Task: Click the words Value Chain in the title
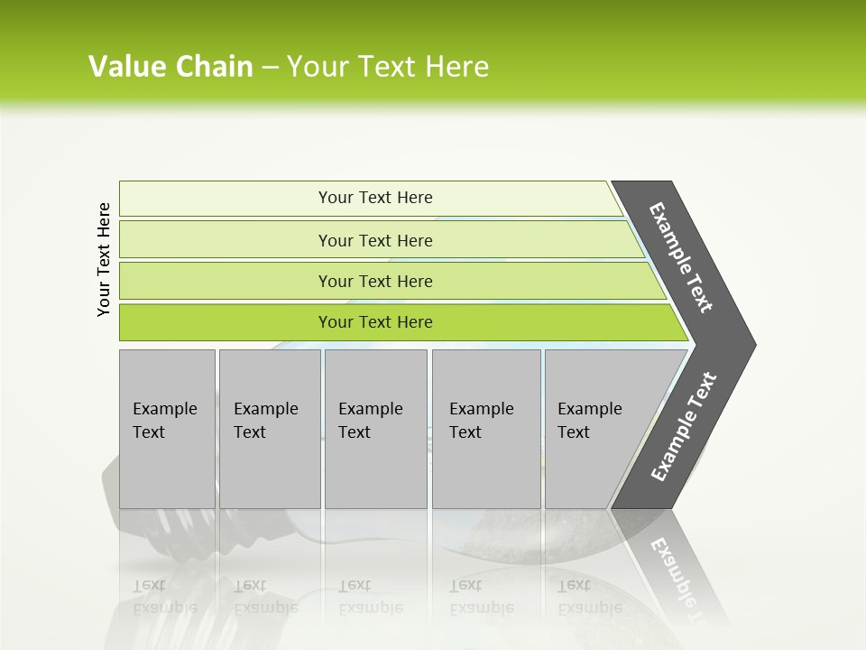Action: pos(170,67)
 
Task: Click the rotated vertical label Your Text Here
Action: pos(104,259)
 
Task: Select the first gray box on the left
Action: pos(167,429)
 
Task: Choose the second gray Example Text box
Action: pos(269,429)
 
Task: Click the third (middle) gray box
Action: pos(375,429)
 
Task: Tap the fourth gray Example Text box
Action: pos(486,429)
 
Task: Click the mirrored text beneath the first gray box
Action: pos(164,596)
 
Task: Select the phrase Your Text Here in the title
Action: pos(388,67)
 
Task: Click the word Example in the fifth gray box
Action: pos(589,409)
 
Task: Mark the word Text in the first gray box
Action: pos(149,432)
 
